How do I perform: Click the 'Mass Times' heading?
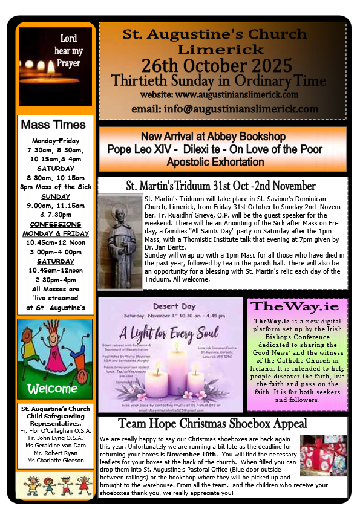[53, 125]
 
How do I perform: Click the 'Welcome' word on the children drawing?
[53, 387]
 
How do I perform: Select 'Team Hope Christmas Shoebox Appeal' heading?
[223, 423]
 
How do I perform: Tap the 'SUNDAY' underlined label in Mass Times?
[56, 196]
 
